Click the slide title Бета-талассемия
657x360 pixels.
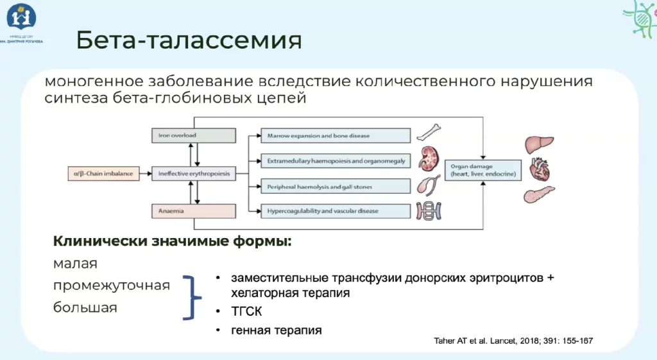tap(189, 40)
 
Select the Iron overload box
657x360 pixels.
tap(192, 135)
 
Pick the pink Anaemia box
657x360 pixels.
tap(192, 210)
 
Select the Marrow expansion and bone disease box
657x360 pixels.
tap(335, 135)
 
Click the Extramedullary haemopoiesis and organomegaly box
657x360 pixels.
tap(335, 160)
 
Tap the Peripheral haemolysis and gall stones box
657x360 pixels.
tap(335, 186)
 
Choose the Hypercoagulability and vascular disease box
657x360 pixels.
tap(335, 210)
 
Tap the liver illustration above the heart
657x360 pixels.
tap(539, 144)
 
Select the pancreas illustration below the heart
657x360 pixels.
tap(539, 194)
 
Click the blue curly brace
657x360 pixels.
tap(192, 297)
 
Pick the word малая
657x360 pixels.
tap(75, 263)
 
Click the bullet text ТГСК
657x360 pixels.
tap(246, 312)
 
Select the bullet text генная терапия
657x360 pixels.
tap(277, 330)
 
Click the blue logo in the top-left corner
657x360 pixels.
tap(21, 17)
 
